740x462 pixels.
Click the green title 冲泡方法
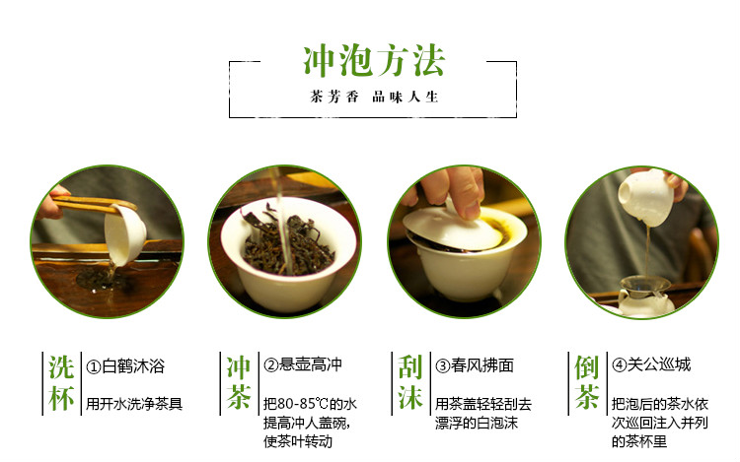click(x=373, y=60)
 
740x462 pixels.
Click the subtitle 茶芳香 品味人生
click(x=374, y=97)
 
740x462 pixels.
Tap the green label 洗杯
click(x=61, y=383)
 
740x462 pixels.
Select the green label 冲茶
click(x=239, y=383)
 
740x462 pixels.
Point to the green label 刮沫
click(x=410, y=383)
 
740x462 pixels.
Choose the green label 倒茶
click(x=587, y=383)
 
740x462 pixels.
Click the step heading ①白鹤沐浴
click(x=125, y=365)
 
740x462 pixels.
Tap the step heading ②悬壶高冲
click(x=303, y=364)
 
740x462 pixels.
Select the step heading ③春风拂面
click(x=475, y=365)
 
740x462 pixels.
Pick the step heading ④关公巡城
click(x=651, y=364)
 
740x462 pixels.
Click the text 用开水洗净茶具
click(x=134, y=404)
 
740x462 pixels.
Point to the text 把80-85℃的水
click(x=310, y=404)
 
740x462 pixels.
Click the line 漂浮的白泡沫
click(x=477, y=423)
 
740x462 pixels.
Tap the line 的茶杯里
click(x=639, y=441)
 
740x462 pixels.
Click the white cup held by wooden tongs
click(x=124, y=234)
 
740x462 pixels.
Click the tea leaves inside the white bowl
click(x=288, y=245)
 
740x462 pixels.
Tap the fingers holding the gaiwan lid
click(x=454, y=191)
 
